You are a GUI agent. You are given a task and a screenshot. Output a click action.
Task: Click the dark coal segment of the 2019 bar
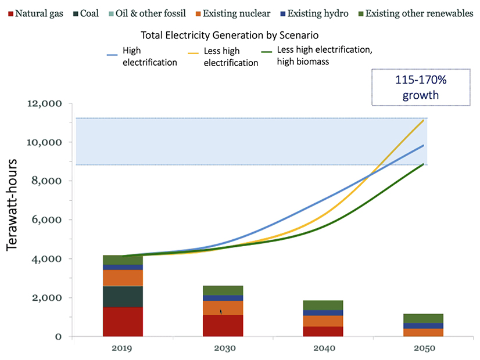[x=123, y=297]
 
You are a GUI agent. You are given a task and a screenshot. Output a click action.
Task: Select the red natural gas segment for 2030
[x=223, y=326]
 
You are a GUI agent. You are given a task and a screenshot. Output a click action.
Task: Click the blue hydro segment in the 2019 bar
[x=123, y=267]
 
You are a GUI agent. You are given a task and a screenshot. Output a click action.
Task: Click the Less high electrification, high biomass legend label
[x=324, y=55]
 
